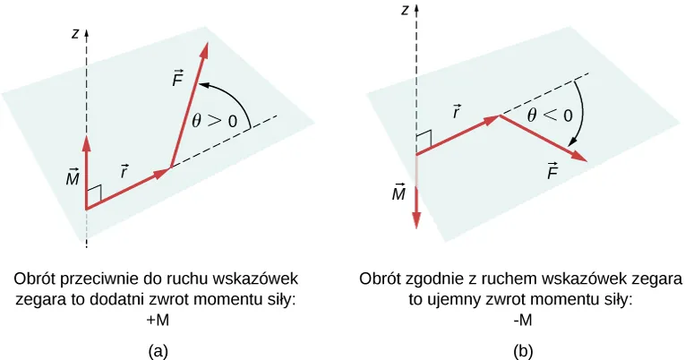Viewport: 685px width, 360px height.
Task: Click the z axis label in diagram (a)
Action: (x=77, y=34)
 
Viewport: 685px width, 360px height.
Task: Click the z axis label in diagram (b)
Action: (x=407, y=10)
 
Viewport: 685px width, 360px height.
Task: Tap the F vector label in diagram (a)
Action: (x=177, y=78)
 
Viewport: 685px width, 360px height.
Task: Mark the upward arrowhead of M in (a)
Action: (x=86, y=142)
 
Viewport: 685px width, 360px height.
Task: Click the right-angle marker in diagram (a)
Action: (x=94, y=193)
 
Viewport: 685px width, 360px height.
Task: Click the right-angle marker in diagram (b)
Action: (x=424, y=139)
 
